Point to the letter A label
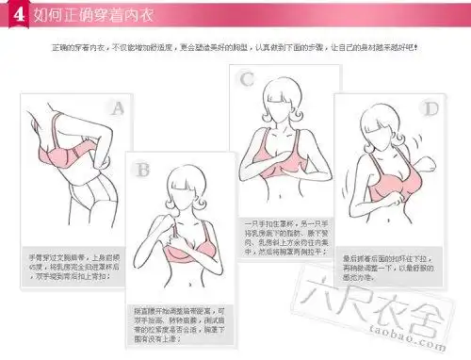coord(117,108)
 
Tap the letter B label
coord(143,170)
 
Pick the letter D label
coord(430,109)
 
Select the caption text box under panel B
coord(178,322)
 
